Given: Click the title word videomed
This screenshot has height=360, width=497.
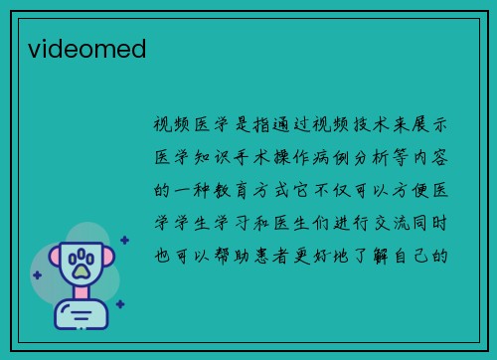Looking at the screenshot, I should (87, 48).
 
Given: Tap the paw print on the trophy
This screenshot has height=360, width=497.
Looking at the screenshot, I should (81, 264).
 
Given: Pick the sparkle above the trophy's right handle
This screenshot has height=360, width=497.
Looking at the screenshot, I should (124, 240).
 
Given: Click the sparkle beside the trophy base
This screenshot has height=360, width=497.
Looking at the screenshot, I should (119, 304).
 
